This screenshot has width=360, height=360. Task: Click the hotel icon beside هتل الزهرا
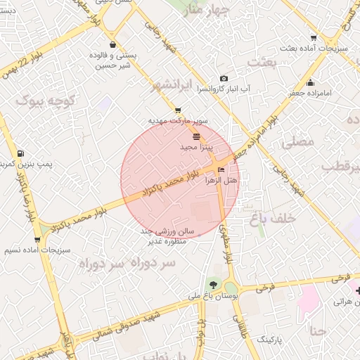pyautogui.click(x=222, y=170)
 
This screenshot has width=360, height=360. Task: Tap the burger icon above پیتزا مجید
pyautogui.click(x=195, y=135)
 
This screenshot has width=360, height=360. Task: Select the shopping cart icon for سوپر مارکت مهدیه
pyautogui.click(x=177, y=110)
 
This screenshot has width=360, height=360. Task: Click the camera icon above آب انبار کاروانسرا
pyautogui.click(x=224, y=78)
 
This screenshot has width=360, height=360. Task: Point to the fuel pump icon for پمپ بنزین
pyautogui.click(x=20, y=153)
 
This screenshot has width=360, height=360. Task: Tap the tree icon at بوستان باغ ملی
pyautogui.click(x=212, y=285)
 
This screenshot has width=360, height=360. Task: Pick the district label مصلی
pyautogui.click(x=297, y=141)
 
